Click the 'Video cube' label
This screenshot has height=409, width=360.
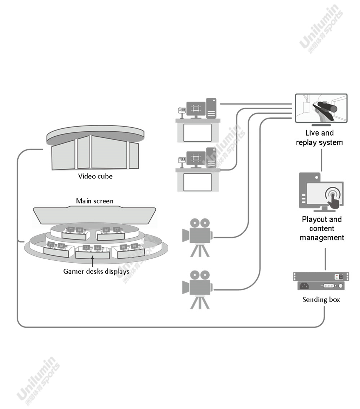pyautogui.click(x=95, y=176)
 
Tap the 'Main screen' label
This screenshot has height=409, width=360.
pyautogui.click(x=94, y=201)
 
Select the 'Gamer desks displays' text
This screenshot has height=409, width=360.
pyautogui.click(x=96, y=271)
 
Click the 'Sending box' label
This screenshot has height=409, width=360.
pyautogui.click(x=321, y=300)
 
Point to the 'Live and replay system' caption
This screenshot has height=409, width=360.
pyautogui.click(x=319, y=138)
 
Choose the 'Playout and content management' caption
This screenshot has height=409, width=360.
pyautogui.click(x=322, y=229)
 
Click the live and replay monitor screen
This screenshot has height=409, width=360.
pyautogui.click(x=321, y=108)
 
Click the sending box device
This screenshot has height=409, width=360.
pyautogui.click(x=321, y=281)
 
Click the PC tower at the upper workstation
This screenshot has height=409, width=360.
pyautogui.click(x=211, y=108)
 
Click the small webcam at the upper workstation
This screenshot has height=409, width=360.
pyautogui.click(x=182, y=111)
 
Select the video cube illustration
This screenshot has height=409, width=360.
pyautogui.click(x=95, y=148)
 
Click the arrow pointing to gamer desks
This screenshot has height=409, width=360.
pyautogui.click(x=93, y=261)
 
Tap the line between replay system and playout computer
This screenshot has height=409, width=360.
pyautogui.click(x=321, y=160)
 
